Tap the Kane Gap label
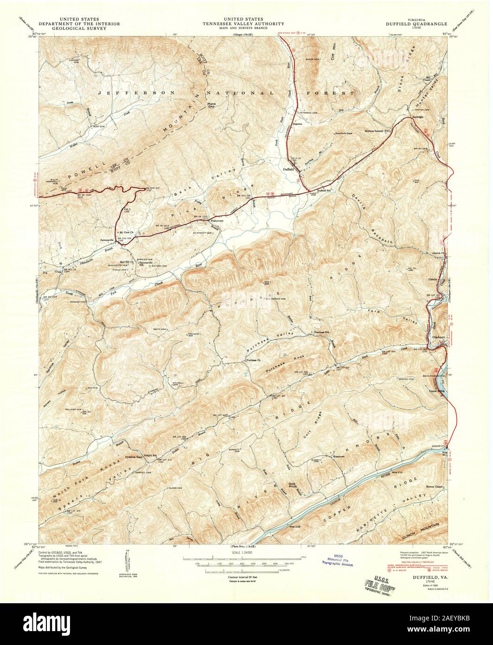click(x=212, y=105)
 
